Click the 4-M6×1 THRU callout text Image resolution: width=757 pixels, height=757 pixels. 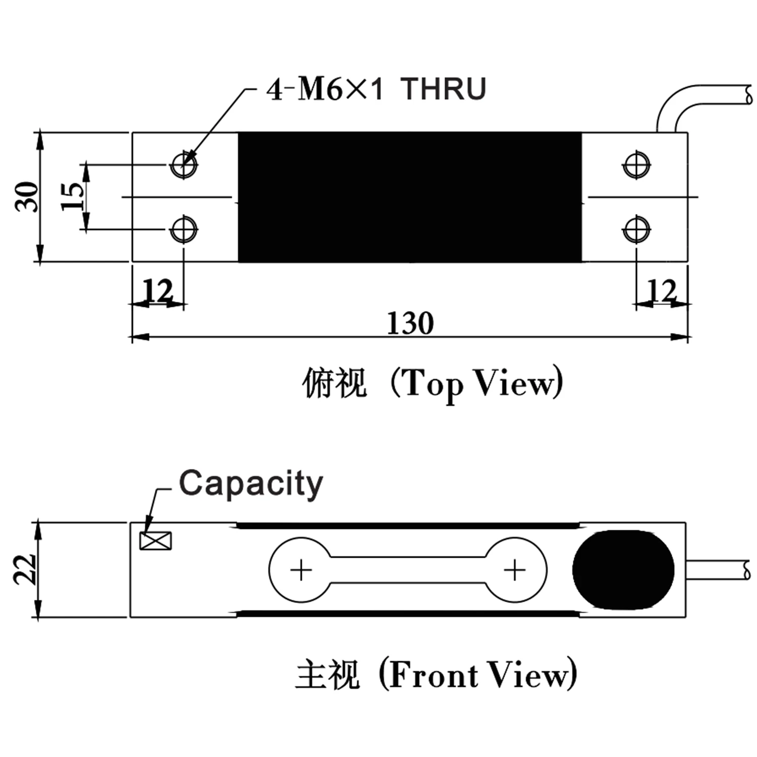376,89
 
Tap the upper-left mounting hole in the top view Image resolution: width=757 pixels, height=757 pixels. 184,165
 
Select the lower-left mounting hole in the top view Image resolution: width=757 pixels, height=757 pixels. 184,230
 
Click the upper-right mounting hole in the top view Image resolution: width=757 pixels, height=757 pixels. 636,165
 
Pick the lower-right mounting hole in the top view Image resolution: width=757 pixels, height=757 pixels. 636,230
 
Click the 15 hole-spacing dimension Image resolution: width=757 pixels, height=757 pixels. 72,197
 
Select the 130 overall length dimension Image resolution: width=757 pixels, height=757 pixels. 410,323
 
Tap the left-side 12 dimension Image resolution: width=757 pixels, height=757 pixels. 158,290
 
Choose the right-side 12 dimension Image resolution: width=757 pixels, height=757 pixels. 662,290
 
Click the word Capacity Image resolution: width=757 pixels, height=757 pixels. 251,484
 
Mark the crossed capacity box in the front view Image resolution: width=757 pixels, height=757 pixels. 155,541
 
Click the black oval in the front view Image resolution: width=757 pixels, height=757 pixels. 623,570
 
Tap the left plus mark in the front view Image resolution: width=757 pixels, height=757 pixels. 301,570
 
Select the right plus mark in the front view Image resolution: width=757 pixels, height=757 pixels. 515,570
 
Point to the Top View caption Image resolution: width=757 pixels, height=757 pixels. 432,384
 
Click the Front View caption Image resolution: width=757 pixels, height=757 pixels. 436,675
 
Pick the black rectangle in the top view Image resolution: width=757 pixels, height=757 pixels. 410,197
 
